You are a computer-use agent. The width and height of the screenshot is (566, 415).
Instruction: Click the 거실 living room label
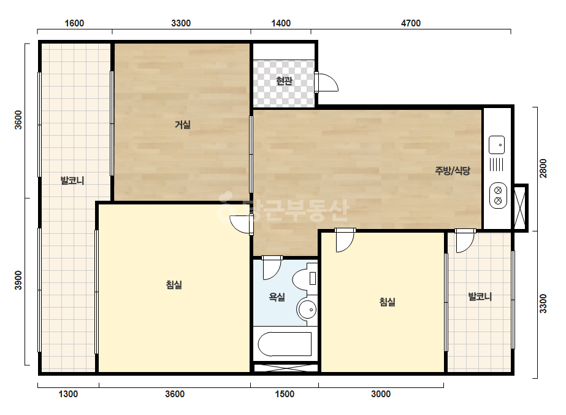point(183,125)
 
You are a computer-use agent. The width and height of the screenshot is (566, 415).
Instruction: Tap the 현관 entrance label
point(284,80)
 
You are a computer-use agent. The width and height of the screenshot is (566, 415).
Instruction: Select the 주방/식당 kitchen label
point(453,170)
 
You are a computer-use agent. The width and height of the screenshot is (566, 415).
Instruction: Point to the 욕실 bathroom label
point(277,297)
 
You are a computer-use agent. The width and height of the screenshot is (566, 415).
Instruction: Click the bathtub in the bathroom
point(285,344)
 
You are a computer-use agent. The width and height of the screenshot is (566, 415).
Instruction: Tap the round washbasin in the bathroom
point(307,309)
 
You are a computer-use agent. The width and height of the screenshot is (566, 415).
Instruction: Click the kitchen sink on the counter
point(497,145)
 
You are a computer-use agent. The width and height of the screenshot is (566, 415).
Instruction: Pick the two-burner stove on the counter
point(498,196)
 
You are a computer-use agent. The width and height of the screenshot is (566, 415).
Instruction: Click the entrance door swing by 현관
point(327,82)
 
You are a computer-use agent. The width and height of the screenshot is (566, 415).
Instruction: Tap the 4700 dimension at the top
point(411,23)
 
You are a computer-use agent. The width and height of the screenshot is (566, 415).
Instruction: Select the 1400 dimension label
point(281,23)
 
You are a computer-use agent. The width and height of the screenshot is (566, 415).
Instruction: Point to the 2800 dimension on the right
point(543,168)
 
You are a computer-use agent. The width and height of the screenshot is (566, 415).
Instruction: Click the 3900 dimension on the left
point(18,280)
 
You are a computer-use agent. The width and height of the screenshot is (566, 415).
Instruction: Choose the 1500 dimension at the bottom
point(285,394)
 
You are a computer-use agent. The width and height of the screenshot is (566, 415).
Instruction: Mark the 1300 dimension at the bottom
point(68,394)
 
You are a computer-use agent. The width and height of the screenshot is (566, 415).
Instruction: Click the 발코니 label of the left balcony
point(72,180)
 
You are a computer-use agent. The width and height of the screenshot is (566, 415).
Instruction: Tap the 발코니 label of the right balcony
point(480,297)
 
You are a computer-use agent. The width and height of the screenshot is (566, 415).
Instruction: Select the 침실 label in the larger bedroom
point(174,285)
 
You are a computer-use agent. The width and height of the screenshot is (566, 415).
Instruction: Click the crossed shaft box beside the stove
point(520,207)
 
